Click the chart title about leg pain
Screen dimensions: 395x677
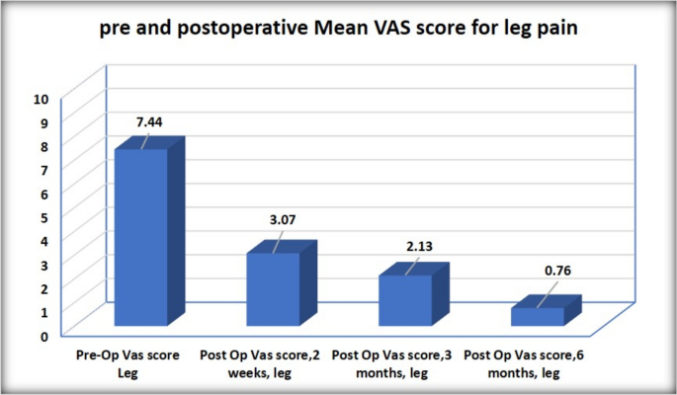(x=338, y=30)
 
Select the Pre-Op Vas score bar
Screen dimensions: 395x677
(x=141, y=237)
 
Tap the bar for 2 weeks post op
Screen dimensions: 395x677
(x=273, y=288)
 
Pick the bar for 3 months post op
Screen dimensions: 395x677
(x=404, y=300)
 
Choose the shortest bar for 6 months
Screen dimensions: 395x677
(x=537, y=316)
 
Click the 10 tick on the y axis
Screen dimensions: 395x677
(x=41, y=99)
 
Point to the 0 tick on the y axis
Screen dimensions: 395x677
(x=43, y=335)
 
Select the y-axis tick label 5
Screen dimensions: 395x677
(x=43, y=217)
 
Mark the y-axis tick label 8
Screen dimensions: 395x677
(x=43, y=146)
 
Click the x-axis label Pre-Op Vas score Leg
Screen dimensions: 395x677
(x=127, y=362)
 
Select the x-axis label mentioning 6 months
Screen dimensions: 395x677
(x=525, y=362)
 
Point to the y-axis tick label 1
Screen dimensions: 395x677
(x=43, y=311)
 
